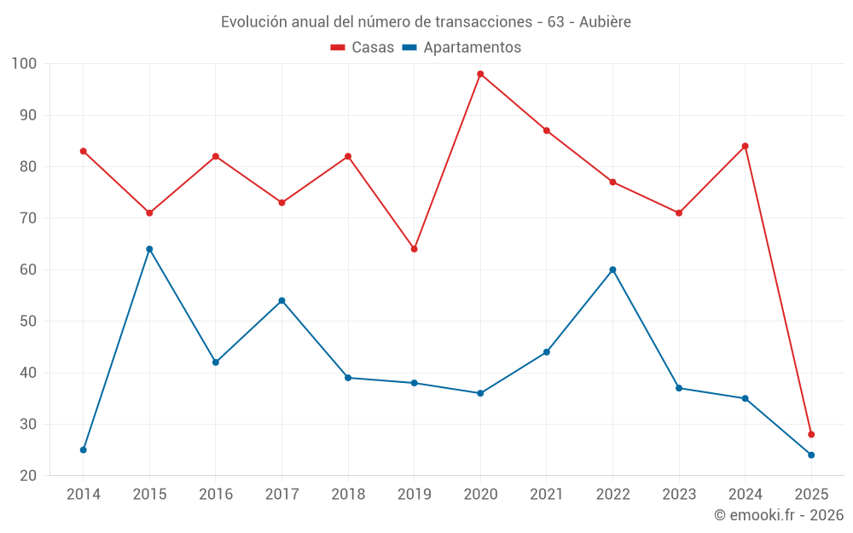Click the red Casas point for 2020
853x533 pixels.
coord(480,74)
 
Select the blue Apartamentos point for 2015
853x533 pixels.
coord(149,249)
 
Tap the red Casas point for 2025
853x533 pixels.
coord(811,434)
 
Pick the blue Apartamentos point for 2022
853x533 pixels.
coord(612,269)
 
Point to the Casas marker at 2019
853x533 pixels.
coord(415,249)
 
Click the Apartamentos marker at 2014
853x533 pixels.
coord(84,449)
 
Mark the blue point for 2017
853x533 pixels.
coord(281,300)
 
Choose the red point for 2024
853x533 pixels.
coord(745,146)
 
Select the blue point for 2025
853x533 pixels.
coord(811,455)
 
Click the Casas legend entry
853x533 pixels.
coord(363,47)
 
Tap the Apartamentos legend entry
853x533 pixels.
coord(461,47)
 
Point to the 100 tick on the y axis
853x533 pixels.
coord(24,64)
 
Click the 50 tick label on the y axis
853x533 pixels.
coord(27,322)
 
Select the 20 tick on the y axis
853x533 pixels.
coord(27,476)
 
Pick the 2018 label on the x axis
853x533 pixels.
coord(348,495)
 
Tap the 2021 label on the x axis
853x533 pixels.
coord(547,495)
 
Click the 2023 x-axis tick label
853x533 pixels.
coord(679,495)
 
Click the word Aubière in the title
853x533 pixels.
coord(605,21)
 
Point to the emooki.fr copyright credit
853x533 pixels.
coord(778,515)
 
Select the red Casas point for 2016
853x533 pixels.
coord(216,156)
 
